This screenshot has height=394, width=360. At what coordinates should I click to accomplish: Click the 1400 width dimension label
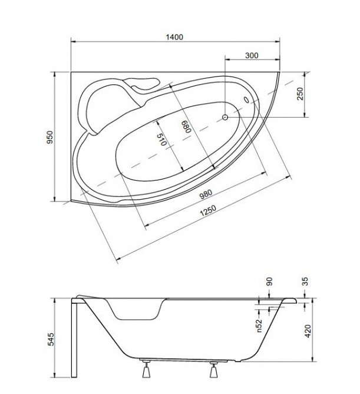pyautogui.click(x=174, y=37)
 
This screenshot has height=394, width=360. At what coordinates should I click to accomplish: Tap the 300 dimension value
pyautogui.click(x=252, y=55)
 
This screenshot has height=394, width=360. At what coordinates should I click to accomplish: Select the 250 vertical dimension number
pyautogui.click(x=300, y=94)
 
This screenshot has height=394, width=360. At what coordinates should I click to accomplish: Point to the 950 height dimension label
pyautogui.click(x=51, y=137)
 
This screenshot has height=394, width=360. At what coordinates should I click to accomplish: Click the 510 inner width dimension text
pyautogui.click(x=161, y=140)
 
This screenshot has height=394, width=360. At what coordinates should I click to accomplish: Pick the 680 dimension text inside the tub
pyautogui.click(x=187, y=126)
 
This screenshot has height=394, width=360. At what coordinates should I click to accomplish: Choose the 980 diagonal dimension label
pyautogui.click(x=206, y=194)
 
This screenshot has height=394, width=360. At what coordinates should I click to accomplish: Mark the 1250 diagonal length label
pyautogui.click(x=207, y=211)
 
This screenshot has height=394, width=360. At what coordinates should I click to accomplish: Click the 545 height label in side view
pyautogui.click(x=51, y=339)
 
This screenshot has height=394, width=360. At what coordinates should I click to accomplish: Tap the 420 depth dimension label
pyautogui.click(x=308, y=331)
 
